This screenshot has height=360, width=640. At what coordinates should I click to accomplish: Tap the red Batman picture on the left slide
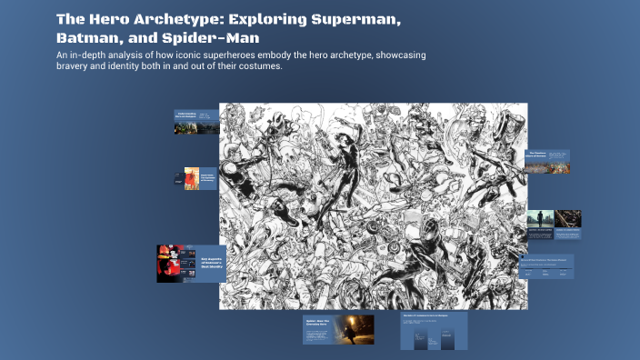[175, 264]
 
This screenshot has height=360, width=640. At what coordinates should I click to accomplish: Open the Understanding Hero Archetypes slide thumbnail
[196, 122]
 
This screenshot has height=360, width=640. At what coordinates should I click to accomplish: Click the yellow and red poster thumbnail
[191, 177]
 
